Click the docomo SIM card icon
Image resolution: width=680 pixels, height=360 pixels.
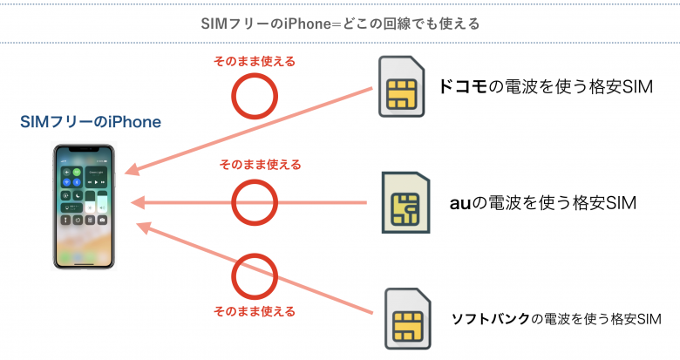pyautogui.click(x=404, y=87)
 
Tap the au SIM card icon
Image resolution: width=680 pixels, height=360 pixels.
pyautogui.click(x=405, y=203)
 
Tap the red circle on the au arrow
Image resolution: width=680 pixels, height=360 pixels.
pyautogui.click(x=254, y=202)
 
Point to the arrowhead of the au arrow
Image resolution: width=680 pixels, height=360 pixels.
pyautogui.click(x=134, y=203)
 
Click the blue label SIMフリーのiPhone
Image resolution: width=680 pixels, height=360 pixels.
pyautogui.click(x=91, y=122)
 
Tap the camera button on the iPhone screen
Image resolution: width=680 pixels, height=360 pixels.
pyautogui.click(x=103, y=221)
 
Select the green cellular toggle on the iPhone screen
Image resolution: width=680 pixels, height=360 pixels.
pyautogui.click(x=77, y=173)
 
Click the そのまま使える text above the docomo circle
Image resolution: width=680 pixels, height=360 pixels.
pyautogui.click(x=254, y=62)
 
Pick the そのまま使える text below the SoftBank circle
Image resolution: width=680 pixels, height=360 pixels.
pyautogui.click(x=254, y=310)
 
